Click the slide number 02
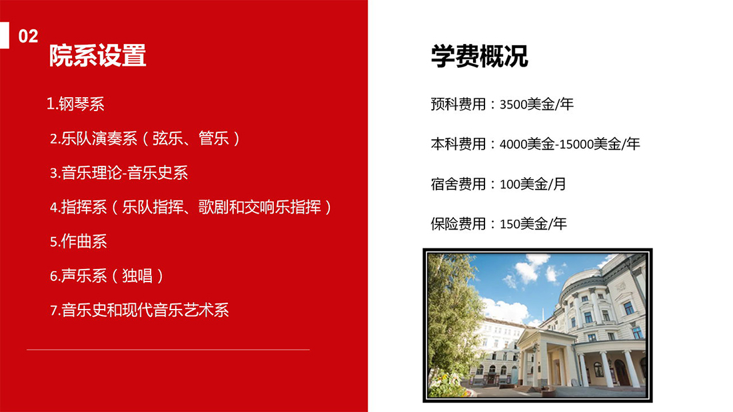tap(28, 37)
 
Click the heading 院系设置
tap(98, 56)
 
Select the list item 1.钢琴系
tap(75, 104)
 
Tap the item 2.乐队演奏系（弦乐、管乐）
tap(145, 138)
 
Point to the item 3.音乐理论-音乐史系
tap(119, 173)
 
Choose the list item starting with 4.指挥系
tap(191, 207)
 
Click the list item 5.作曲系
tap(79, 242)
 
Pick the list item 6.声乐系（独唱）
tap(107, 276)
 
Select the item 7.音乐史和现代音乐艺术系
tap(139, 310)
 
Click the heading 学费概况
tap(479, 56)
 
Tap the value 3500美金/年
tap(536, 104)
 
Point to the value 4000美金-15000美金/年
tap(570, 144)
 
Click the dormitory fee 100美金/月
tap(533, 184)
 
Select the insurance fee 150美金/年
tap(533, 224)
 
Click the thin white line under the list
tap(169, 349)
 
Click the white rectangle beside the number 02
tap(5, 35)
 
